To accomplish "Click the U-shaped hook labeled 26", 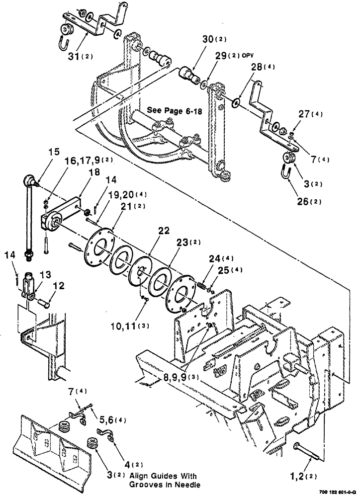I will click(x=286, y=175).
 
